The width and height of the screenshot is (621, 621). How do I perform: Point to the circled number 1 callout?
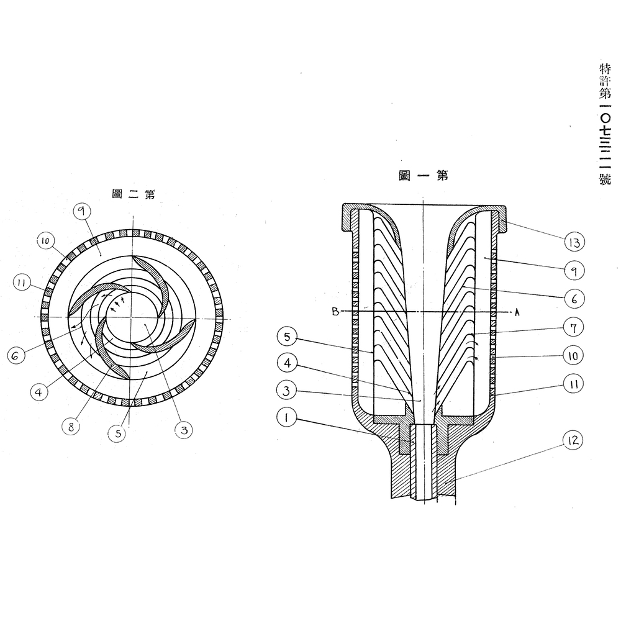(x=286, y=418)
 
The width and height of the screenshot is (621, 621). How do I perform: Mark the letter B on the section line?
(x=335, y=312)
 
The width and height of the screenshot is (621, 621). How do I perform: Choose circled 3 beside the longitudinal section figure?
(x=286, y=392)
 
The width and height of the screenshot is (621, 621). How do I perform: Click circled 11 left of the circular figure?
(x=23, y=283)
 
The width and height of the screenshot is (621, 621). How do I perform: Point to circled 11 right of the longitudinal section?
(x=573, y=385)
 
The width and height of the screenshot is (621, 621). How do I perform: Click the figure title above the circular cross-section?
(x=133, y=194)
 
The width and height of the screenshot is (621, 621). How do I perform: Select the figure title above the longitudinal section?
(x=423, y=176)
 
